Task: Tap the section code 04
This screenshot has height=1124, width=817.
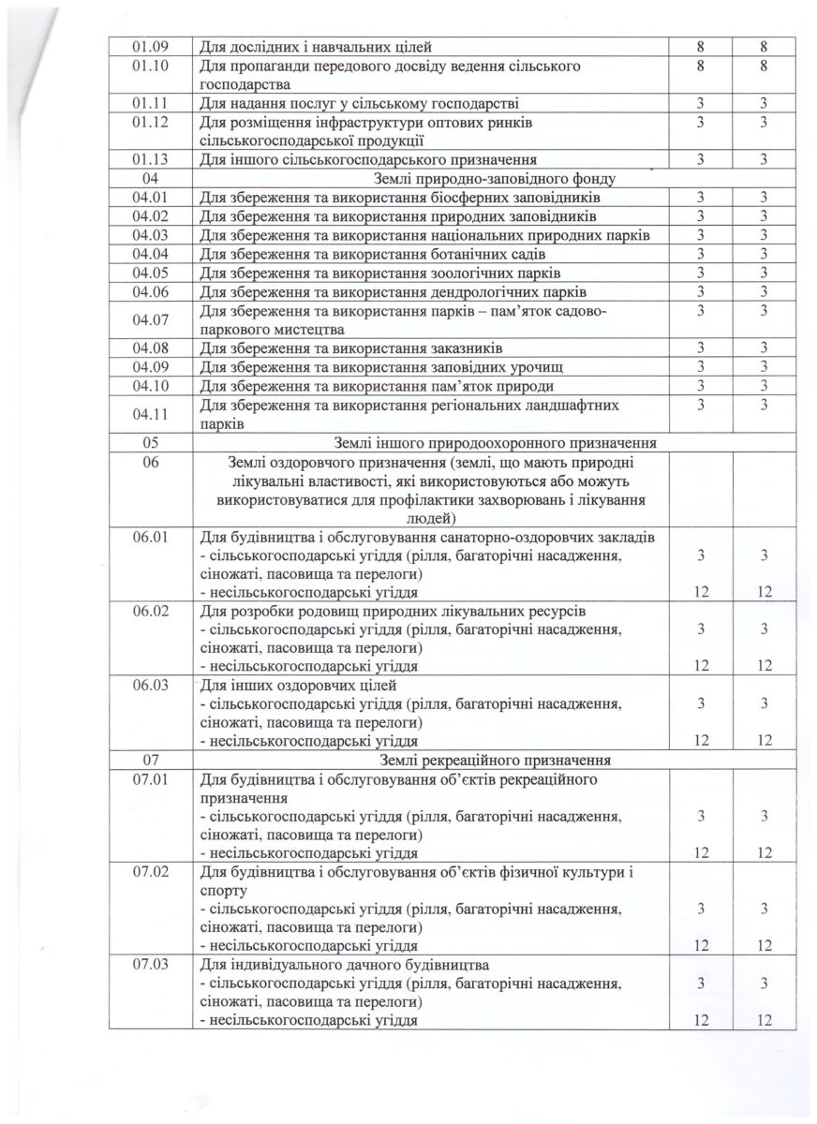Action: coord(149,178)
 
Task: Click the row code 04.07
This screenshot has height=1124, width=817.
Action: coord(149,320)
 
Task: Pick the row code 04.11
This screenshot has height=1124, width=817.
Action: coord(149,414)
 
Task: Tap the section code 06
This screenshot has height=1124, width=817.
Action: coord(149,460)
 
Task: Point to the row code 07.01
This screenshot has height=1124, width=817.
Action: coord(149,779)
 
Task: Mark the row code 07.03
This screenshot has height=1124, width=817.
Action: coord(149,964)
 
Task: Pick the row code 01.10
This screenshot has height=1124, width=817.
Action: coord(149,67)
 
